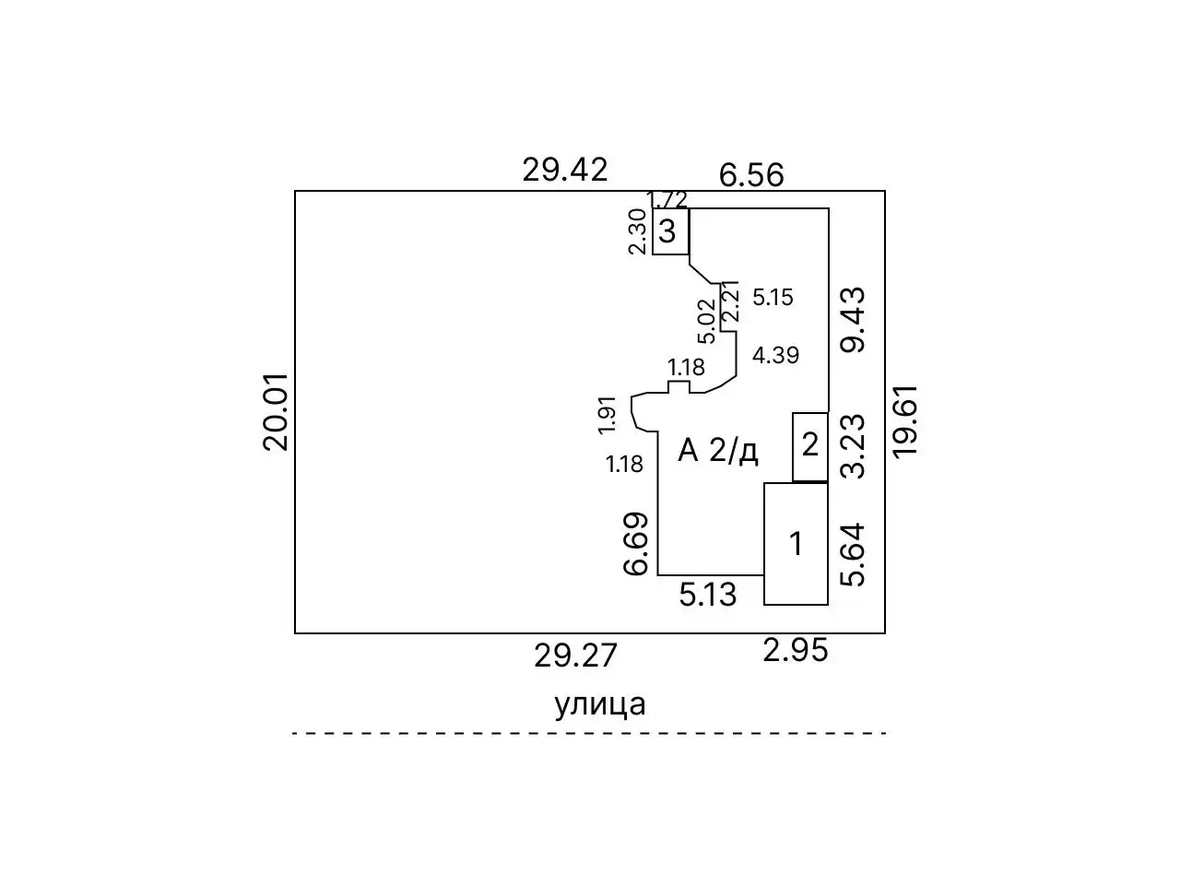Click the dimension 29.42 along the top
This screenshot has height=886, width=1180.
(565, 170)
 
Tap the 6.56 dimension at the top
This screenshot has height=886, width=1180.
(751, 175)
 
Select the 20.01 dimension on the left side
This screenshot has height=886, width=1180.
(276, 412)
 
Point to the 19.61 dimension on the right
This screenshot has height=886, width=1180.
(904, 422)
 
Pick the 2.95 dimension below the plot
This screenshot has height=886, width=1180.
(796, 651)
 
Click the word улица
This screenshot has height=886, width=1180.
(600, 705)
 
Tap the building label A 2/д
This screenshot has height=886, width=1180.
(718, 451)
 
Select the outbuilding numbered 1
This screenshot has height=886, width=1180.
(796, 544)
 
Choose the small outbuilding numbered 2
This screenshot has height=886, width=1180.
(810, 447)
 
